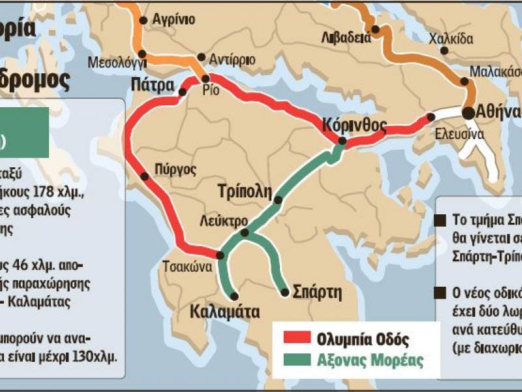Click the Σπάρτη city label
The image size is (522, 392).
click(318, 291)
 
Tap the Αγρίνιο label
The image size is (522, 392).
click(173, 20)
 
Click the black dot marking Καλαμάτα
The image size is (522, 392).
click(234, 295)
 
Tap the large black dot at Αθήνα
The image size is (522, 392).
click(468, 112)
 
